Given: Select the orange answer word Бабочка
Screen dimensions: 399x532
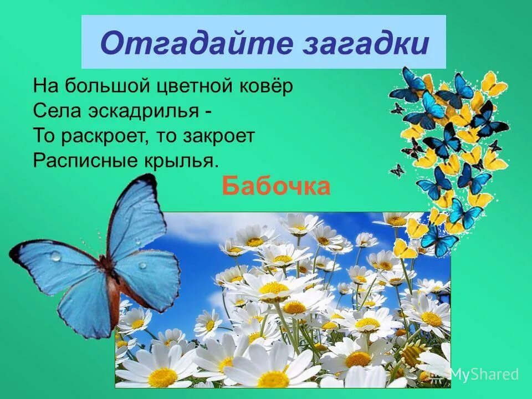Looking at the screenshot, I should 276,187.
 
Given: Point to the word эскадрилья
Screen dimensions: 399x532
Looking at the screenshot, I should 142,111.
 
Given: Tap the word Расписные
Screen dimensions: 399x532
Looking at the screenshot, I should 76,161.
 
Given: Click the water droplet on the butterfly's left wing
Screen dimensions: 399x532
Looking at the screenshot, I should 55,256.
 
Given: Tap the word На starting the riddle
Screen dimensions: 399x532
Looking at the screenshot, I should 44,86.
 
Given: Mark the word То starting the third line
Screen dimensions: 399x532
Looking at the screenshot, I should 43,136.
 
